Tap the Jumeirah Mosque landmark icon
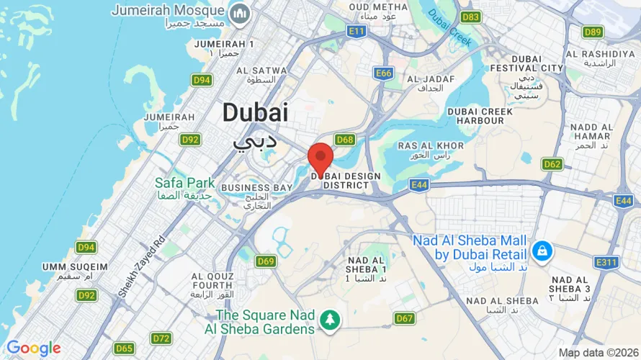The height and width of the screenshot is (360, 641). [x=239, y=13]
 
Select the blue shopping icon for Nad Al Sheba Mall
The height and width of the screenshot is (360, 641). [x=540, y=251]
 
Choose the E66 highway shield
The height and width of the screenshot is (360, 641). [x=384, y=73]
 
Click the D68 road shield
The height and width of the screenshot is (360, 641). [x=345, y=140]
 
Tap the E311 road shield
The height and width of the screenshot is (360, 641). [x=606, y=262]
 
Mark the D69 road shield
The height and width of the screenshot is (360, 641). [x=266, y=261]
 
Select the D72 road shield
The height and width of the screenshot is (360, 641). [x=161, y=338]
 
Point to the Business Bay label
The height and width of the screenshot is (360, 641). [x=256, y=188]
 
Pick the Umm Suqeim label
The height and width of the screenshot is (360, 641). [x=75, y=266]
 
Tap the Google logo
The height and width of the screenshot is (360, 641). [x=33, y=348]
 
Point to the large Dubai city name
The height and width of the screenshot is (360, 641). [x=255, y=112]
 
